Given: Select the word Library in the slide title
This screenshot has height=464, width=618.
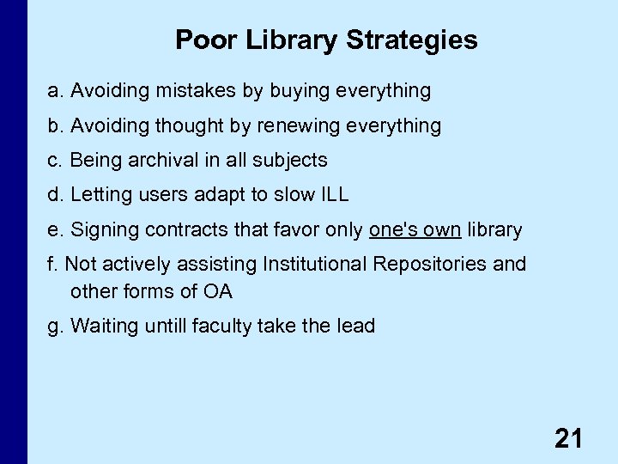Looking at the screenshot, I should [x=288, y=40].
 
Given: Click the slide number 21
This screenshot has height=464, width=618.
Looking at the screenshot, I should [x=568, y=439].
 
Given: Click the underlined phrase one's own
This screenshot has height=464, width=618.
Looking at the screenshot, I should [x=415, y=229].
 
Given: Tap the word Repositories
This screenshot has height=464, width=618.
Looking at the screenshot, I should [x=429, y=264].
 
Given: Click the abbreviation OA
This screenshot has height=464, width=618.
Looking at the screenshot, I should [x=217, y=291].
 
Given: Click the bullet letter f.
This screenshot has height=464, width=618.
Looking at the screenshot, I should [x=51, y=264].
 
